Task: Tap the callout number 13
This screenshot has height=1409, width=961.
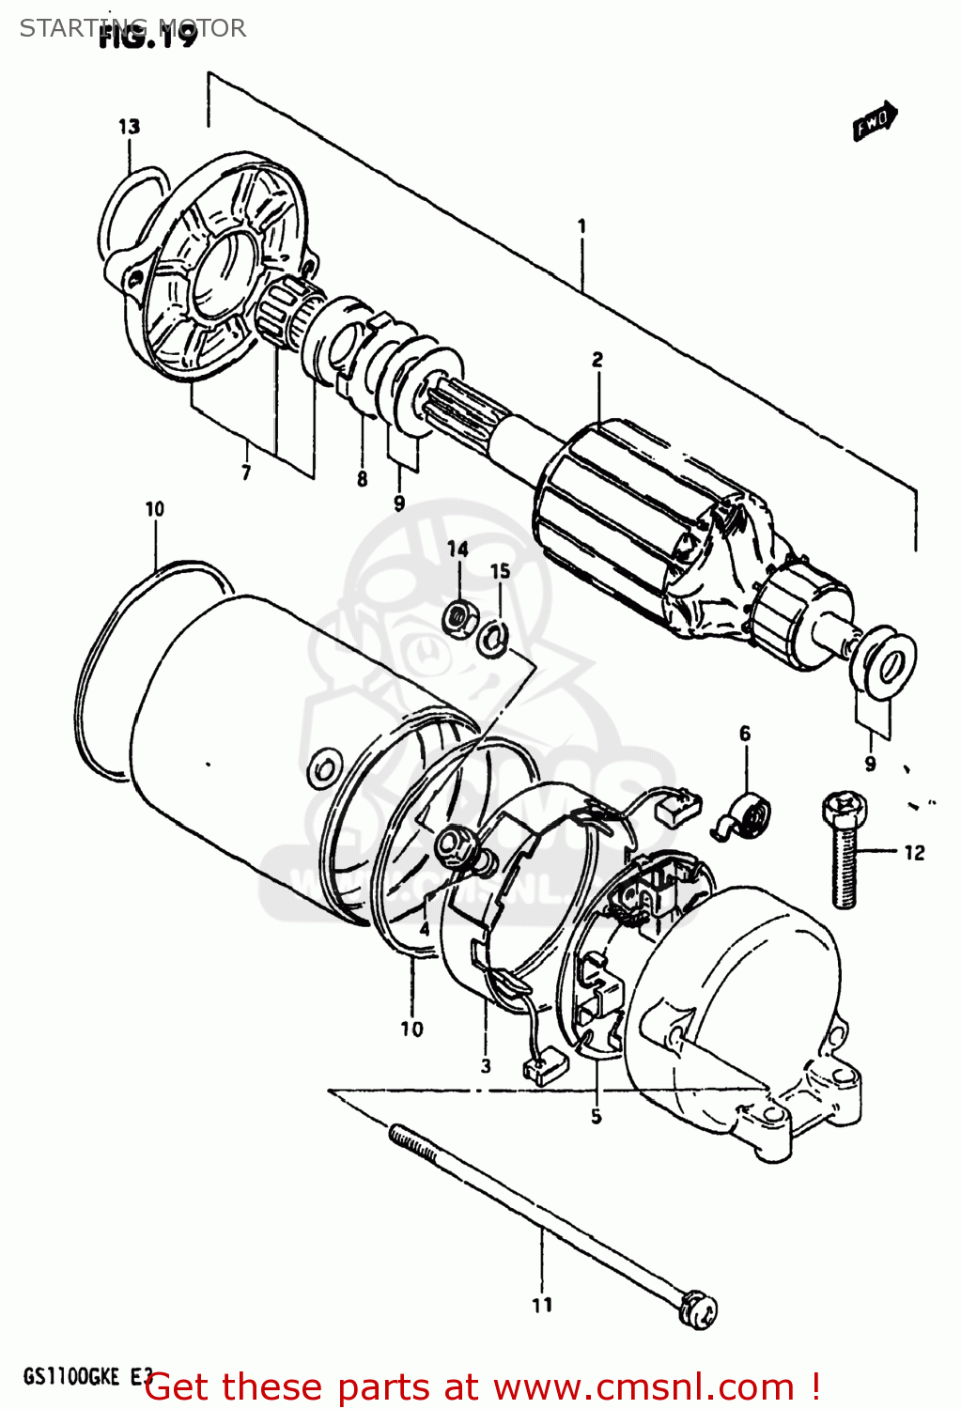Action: pos(130,126)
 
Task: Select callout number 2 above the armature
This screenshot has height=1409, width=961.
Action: pos(597,359)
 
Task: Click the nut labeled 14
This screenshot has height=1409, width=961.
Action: pos(457,617)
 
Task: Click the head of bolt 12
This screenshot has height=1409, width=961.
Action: pos(843,806)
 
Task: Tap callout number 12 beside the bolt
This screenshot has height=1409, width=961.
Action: pos(914,852)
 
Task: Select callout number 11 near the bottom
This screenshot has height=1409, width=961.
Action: pos(542,1305)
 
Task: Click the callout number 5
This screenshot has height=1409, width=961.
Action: pos(597,1116)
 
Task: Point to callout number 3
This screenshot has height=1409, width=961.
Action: pos(486,1065)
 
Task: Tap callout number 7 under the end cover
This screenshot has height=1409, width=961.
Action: pos(246,472)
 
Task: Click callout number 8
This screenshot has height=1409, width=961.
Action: pos(363,480)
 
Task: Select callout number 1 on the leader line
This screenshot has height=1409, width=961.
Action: pos(581,225)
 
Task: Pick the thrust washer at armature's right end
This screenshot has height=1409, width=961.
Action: pos(886,664)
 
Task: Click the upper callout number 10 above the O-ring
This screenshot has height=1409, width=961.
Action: pos(155,508)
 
